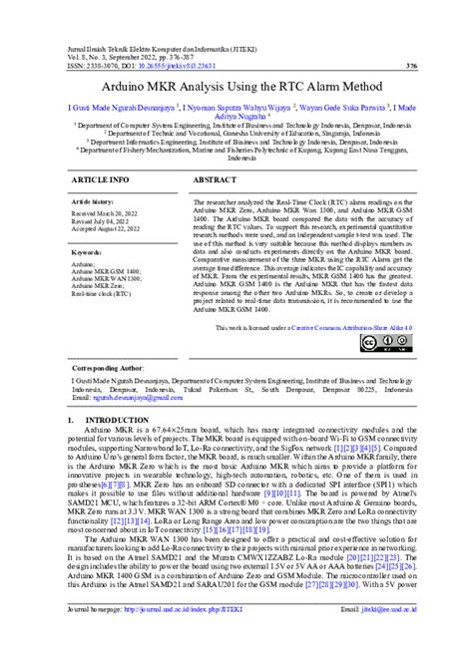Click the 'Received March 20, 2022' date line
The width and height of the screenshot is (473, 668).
click(114, 211)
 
